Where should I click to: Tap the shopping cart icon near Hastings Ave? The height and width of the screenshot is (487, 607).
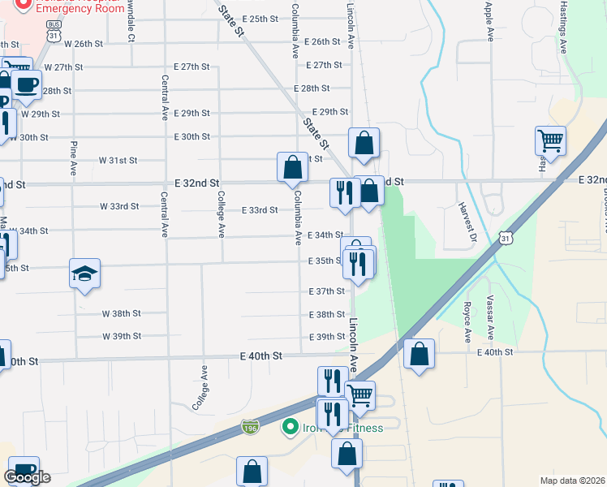click(x=550, y=141)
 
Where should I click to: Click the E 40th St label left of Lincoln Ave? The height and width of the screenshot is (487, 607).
click(x=260, y=356)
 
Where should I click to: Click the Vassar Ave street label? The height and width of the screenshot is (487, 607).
click(x=491, y=321)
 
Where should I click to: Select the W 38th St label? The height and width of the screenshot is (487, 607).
click(x=122, y=313)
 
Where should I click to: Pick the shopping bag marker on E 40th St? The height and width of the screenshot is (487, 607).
click(x=419, y=354)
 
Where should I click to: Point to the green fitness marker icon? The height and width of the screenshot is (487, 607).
click(x=289, y=426)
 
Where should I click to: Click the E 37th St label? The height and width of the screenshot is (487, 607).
click(x=327, y=291)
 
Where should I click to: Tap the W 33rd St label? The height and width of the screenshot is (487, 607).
click(x=119, y=206)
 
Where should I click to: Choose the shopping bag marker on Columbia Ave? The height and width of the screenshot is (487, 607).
click(x=292, y=167)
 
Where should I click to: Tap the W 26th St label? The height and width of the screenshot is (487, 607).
click(x=85, y=43)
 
